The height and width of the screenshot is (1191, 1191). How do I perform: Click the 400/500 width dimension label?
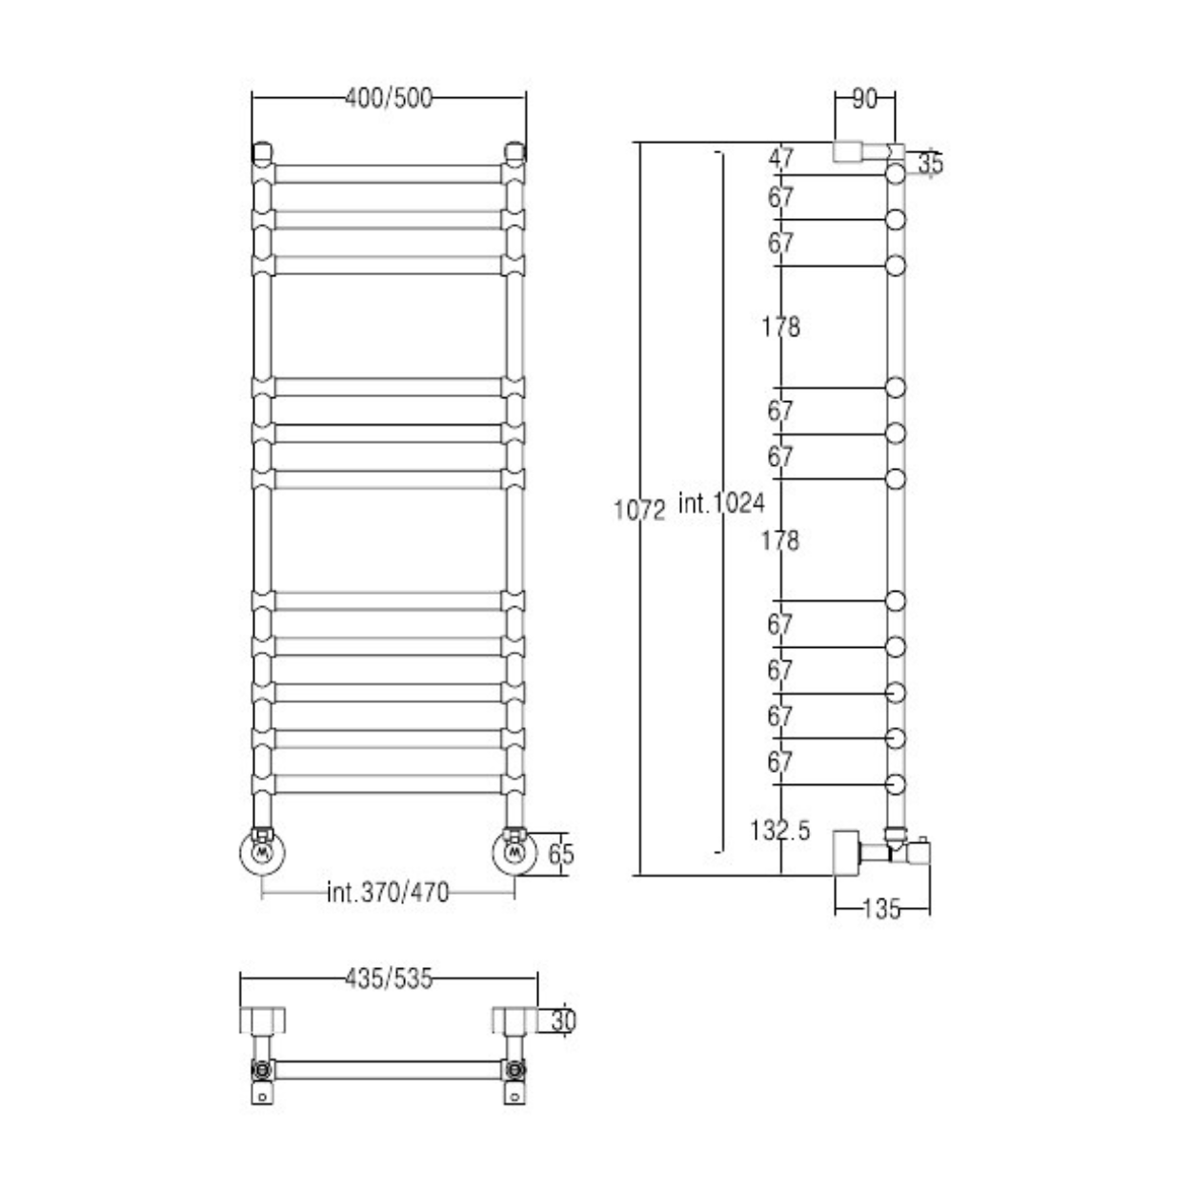tap(388, 98)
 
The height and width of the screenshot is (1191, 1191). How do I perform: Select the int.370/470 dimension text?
tap(388, 893)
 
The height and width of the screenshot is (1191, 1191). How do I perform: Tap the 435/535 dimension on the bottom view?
tap(389, 979)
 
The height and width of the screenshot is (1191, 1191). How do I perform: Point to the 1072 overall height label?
tap(639, 511)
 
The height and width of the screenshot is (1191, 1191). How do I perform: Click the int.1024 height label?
tap(721, 503)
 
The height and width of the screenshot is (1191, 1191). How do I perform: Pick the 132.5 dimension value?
tap(779, 830)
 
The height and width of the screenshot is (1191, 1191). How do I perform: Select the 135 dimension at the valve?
tap(881, 908)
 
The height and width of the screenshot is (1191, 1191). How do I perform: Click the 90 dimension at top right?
tap(864, 99)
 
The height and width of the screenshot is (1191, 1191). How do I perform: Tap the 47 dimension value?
tap(780, 159)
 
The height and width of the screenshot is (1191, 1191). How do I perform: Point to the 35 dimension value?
tap(931, 165)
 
